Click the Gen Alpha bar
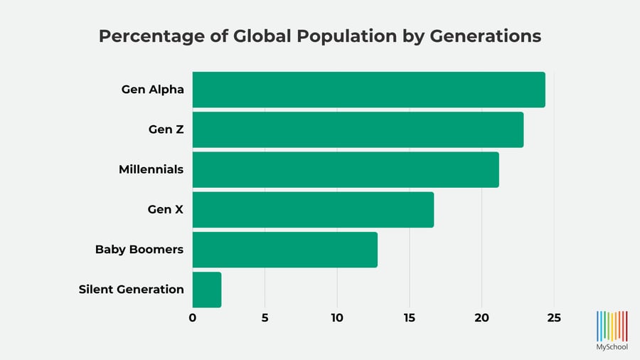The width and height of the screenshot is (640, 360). (368, 90)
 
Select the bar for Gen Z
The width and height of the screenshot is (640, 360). (358, 129)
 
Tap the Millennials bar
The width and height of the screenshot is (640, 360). (346, 169)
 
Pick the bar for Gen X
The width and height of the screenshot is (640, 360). (313, 210)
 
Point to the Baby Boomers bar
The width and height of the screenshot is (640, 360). (284, 250)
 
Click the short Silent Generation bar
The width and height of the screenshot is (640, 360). (207, 290)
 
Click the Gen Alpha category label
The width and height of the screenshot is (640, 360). (152, 90)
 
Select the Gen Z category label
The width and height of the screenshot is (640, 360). (166, 129)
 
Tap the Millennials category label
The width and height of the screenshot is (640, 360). (151, 169)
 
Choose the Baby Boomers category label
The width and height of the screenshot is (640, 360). (139, 250)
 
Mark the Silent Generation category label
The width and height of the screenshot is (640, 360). (132, 290)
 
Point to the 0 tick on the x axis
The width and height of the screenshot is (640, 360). (193, 318)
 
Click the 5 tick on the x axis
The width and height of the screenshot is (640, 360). (265, 318)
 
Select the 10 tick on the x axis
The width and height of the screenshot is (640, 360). (337, 318)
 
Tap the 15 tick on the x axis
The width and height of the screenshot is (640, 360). (410, 318)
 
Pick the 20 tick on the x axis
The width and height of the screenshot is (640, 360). (482, 318)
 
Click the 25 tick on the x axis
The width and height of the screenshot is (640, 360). (554, 318)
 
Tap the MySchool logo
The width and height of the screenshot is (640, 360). (612, 330)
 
